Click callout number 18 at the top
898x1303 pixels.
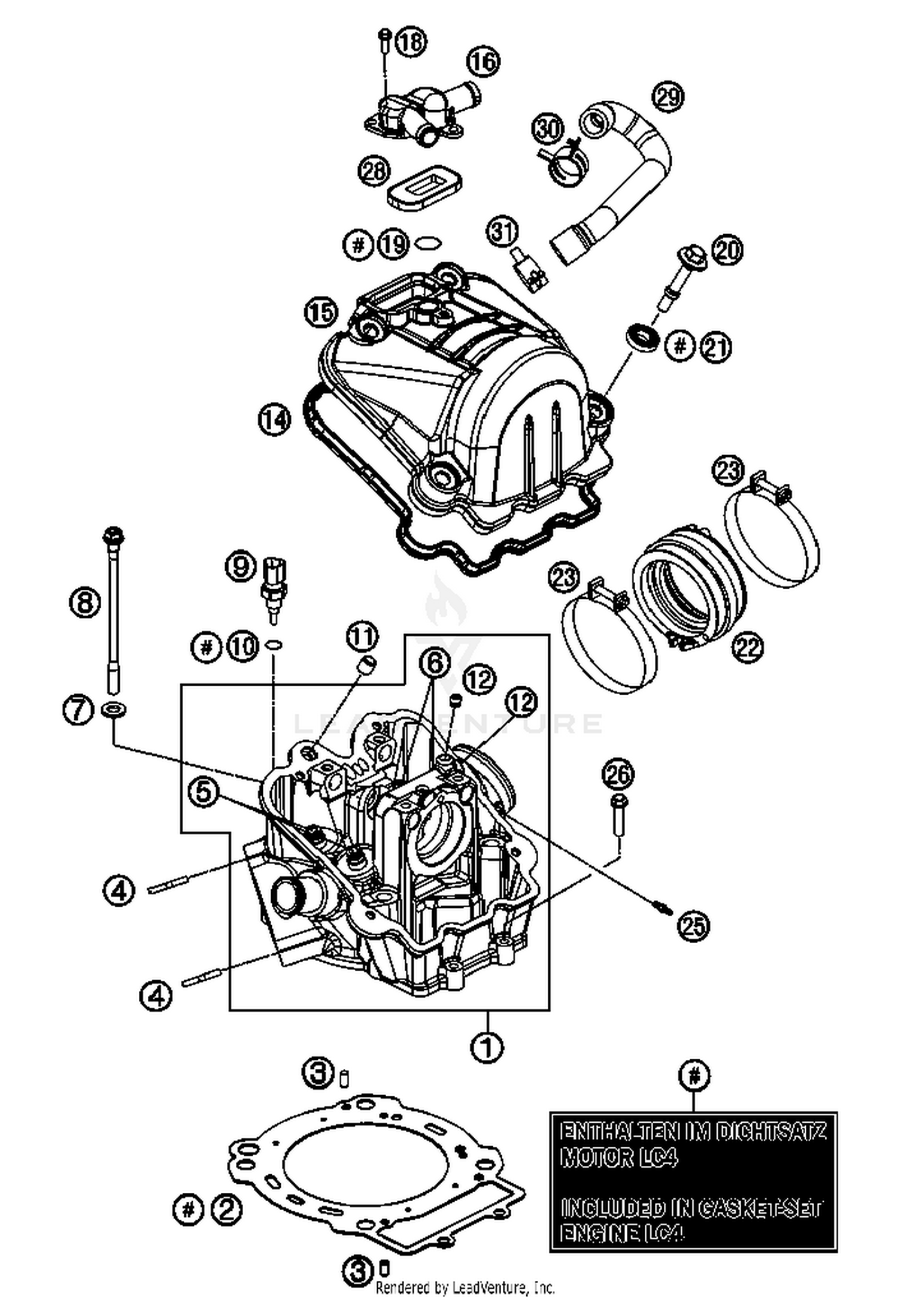pos(411,43)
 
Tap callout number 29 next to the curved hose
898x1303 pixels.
pos(668,97)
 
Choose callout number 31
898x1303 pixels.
pos(502,231)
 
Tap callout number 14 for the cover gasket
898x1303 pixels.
pos(274,419)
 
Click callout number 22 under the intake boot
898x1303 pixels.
pos(748,647)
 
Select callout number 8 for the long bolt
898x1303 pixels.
pos(85,602)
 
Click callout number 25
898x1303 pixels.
pos(693,927)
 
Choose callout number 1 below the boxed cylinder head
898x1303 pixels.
pos(487,1047)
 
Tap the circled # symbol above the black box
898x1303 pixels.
pos(694,1076)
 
